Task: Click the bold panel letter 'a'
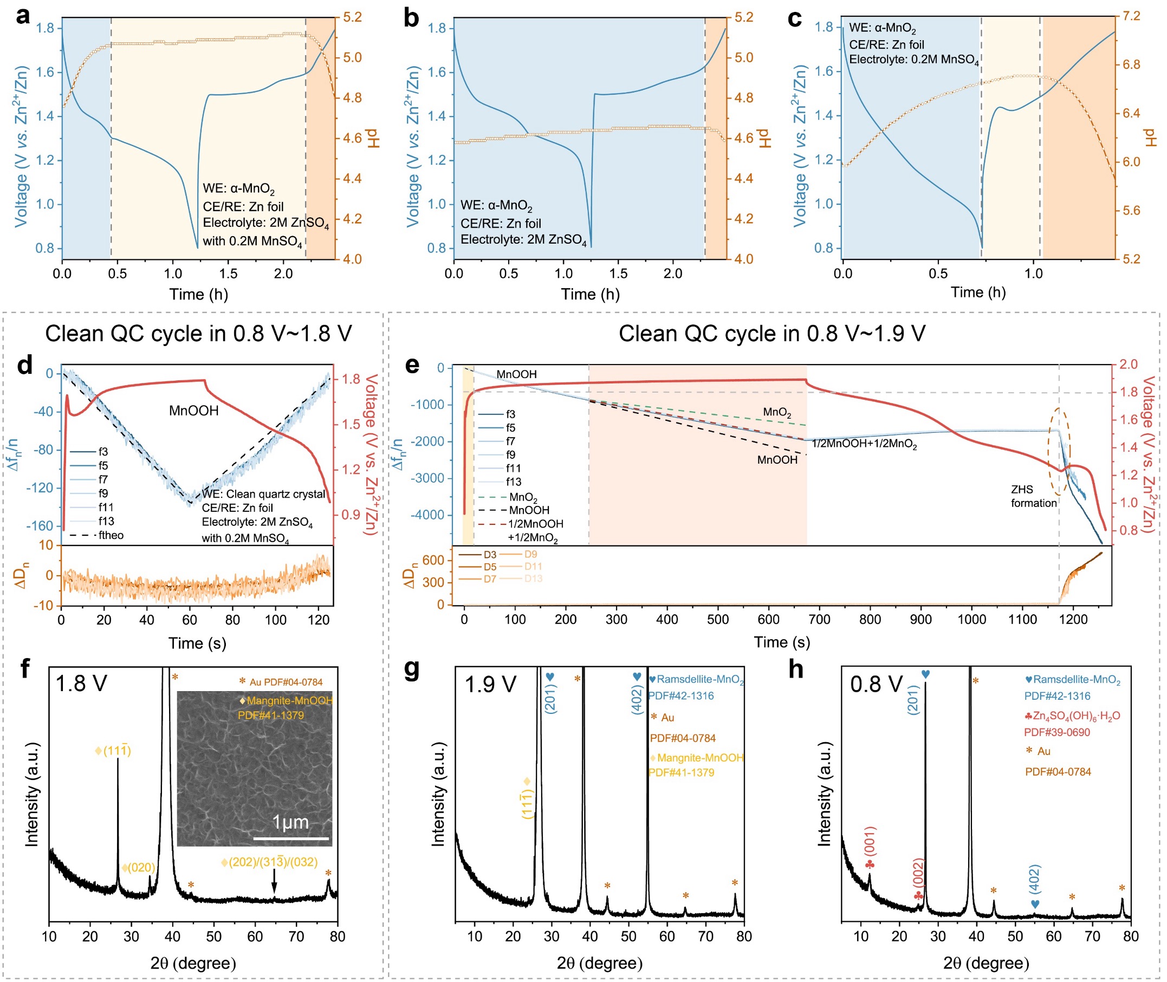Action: [x=23, y=17]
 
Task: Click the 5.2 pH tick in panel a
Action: [x=353, y=18]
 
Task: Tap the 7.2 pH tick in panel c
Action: [x=1132, y=16]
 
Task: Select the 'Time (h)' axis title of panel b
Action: [x=590, y=295]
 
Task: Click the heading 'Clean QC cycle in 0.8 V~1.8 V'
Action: [x=198, y=334]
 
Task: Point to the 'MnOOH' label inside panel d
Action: [x=194, y=411]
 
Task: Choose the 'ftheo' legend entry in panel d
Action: [x=111, y=536]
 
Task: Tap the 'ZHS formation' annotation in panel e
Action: [x=1033, y=496]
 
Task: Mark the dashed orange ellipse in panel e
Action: [x=1059, y=452]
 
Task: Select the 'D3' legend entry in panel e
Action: [x=489, y=555]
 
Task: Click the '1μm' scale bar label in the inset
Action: [x=290, y=822]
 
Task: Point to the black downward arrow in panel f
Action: [x=274, y=881]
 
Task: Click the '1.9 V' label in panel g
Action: [x=490, y=684]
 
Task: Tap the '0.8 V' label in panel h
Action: [x=877, y=684]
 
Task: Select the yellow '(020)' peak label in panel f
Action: [x=139, y=868]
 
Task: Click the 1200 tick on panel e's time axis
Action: [x=1073, y=619]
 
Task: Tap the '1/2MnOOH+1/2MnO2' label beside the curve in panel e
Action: [x=864, y=444]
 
